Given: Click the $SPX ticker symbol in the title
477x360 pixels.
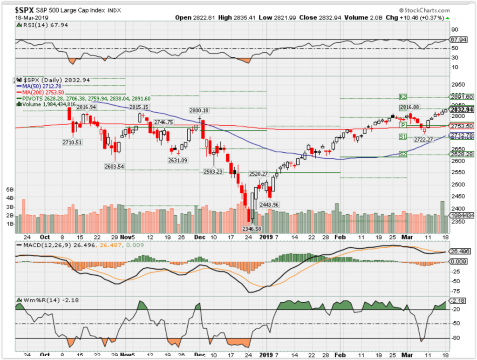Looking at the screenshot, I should coord(26,9).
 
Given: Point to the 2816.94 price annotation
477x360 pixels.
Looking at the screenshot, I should coord(86,107).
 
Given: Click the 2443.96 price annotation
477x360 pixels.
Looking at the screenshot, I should coord(269,204).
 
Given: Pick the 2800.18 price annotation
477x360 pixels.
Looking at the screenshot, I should coord(199,110).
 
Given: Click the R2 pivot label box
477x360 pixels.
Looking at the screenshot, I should coord(403,97).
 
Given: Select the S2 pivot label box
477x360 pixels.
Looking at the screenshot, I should coord(403,154).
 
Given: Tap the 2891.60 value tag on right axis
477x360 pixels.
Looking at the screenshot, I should coord(462,97).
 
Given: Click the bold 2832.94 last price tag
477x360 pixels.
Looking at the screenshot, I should coord(462,110).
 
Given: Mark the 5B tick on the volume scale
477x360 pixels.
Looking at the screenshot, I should coord(10,190).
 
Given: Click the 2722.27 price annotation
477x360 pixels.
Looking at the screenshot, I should coord(423,139).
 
